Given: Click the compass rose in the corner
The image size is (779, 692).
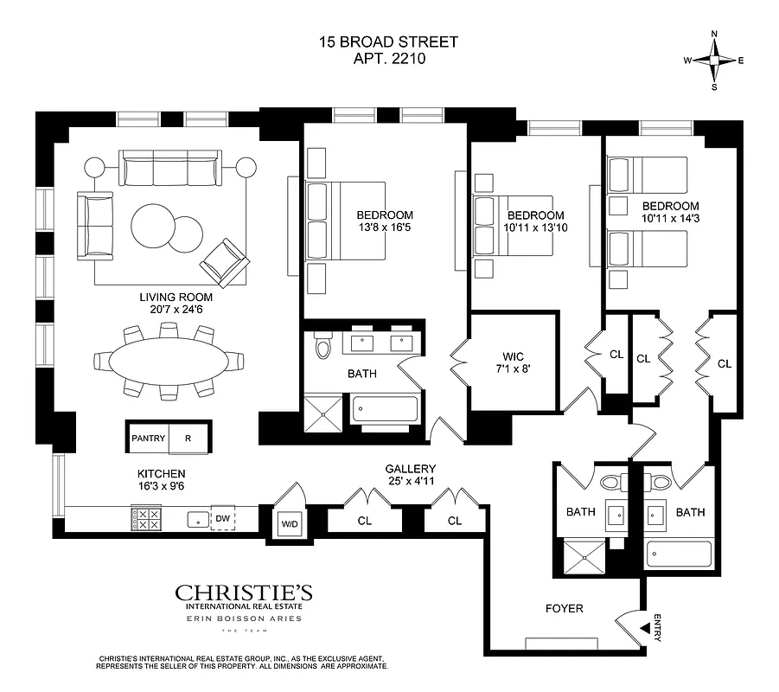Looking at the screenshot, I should [x=714, y=60].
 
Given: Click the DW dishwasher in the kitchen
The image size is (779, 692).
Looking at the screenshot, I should [x=222, y=519].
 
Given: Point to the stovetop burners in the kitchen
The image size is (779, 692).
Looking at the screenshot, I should [x=144, y=519].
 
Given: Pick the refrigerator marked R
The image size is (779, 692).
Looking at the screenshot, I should [x=188, y=438].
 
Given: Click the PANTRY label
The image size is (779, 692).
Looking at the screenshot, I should [x=148, y=438].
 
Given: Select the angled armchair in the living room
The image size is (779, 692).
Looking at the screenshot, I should [x=224, y=262].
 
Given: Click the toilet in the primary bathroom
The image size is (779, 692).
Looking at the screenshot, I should [x=323, y=347].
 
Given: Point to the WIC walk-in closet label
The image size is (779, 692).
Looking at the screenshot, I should [x=513, y=356].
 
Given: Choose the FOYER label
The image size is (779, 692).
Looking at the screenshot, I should [x=565, y=608].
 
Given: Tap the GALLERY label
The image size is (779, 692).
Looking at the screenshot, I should [x=410, y=468].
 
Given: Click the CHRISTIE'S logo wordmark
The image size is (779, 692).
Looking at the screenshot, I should [x=244, y=593].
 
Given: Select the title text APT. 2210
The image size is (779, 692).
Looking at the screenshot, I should [x=387, y=60].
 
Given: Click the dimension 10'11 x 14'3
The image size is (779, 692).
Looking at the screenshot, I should [x=670, y=220].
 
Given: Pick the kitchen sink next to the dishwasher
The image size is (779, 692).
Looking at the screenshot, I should [x=198, y=520].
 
